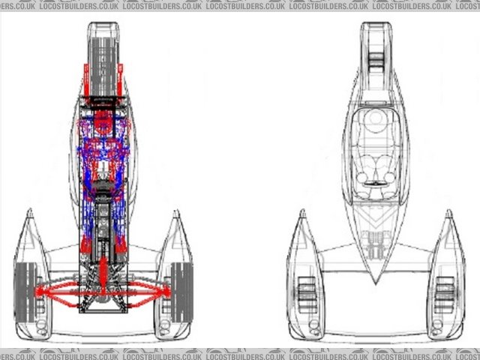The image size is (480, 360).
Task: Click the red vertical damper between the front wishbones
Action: (x=103, y=262)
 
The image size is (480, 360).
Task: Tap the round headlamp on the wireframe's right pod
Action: (x=445, y=327)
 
